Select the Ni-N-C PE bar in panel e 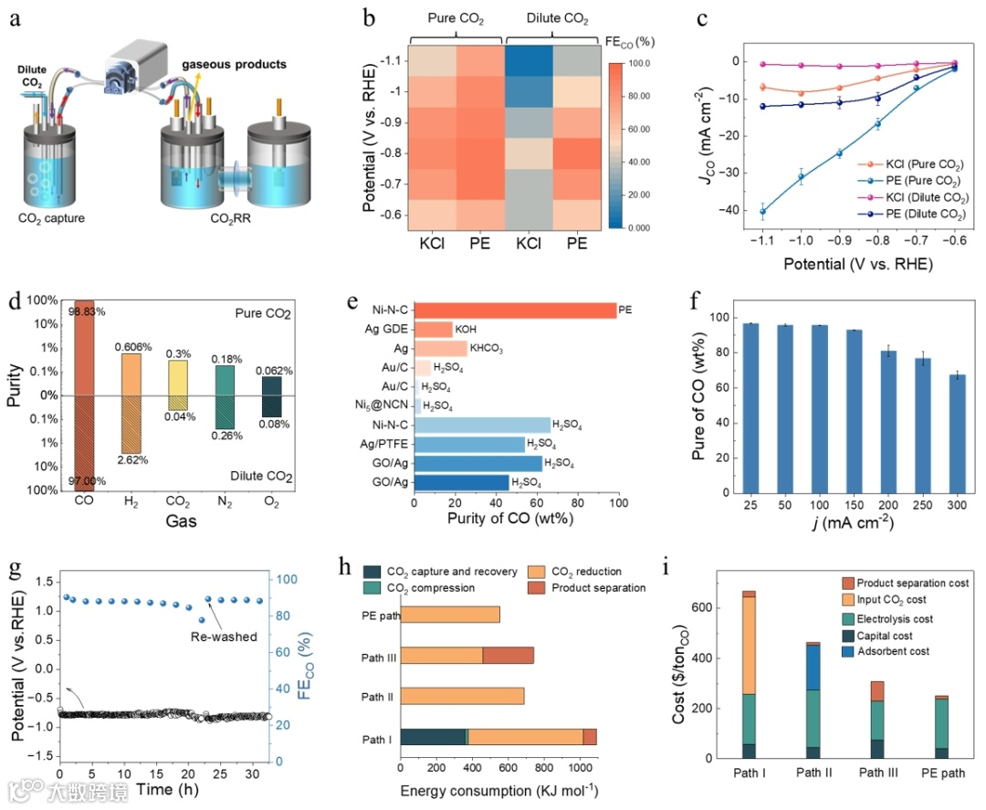tap(515, 310)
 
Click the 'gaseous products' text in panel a tap(234, 64)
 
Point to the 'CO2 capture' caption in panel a tap(58, 217)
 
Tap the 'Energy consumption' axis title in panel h tap(498, 790)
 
